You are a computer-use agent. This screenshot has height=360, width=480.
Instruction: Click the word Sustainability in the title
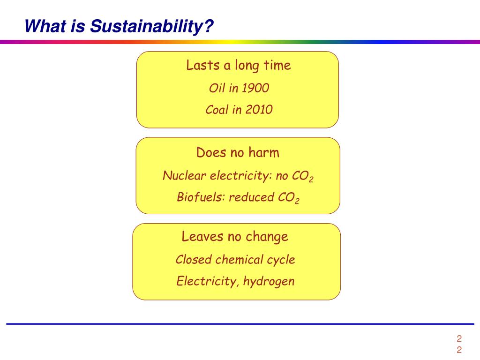(151, 26)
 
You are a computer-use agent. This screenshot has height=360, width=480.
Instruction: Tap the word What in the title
(45, 26)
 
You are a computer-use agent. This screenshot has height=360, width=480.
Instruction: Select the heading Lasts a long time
(239, 66)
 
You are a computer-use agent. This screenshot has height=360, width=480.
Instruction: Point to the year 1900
(255, 88)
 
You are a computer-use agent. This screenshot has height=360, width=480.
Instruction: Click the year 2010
(259, 110)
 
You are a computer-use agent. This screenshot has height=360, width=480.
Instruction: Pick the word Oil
(217, 88)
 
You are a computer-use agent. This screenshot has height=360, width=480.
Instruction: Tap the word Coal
(217, 110)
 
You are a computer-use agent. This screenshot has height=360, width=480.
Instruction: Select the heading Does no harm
(238, 152)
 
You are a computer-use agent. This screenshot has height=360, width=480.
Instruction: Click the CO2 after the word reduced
(289, 197)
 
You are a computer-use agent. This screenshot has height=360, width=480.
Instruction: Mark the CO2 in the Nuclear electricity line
(303, 176)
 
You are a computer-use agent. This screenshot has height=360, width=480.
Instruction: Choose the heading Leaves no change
(235, 237)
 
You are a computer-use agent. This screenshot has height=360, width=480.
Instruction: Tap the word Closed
(194, 259)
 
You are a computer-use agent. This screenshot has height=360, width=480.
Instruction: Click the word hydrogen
(269, 281)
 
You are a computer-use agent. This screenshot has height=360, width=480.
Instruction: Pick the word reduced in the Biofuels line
(252, 197)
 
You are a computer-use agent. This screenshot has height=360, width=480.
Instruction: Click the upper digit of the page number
(459, 338)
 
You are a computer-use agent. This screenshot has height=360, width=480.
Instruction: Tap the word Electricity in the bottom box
(207, 281)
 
